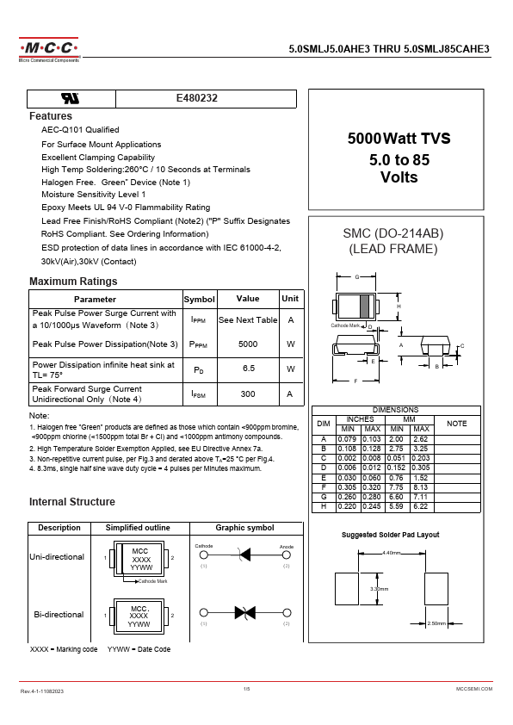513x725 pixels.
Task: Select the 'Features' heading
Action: (51, 116)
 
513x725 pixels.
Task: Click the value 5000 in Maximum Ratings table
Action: (247, 344)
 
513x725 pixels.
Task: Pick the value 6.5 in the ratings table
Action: (248, 369)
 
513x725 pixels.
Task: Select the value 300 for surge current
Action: (248, 393)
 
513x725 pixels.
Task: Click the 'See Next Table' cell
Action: (248, 319)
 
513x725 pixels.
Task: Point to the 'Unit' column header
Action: (290, 299)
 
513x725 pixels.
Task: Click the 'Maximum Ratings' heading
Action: (73, 282)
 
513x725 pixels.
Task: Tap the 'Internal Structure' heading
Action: (72, 502)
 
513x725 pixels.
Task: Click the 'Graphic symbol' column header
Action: (244, 528)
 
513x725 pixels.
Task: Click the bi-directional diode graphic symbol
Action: (244, 612)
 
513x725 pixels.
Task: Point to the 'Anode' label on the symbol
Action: (287, 547)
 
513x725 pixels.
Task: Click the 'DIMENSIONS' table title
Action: (395, 410)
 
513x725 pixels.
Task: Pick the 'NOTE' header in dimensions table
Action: (456, 424)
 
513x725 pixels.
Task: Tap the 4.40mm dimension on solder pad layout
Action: (392, 553)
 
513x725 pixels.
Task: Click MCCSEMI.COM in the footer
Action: (473, 691)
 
